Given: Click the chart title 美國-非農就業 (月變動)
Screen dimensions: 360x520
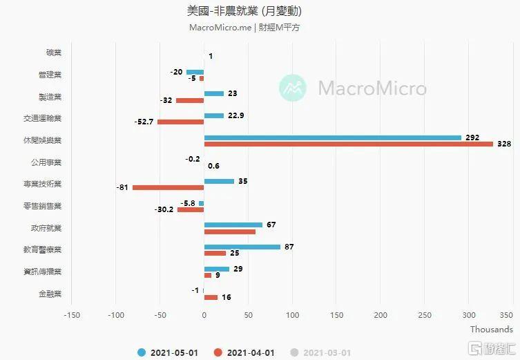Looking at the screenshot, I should click(244, 12).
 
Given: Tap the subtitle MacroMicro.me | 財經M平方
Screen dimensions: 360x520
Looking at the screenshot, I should click(244, 28).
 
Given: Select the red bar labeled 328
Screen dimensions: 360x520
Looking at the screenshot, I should click(348, 144).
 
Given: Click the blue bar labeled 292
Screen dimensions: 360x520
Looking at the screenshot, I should click(332, 138).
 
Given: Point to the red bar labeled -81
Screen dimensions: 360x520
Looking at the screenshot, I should click(168, 187).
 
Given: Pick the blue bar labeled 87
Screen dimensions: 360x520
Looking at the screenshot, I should click(242, 247).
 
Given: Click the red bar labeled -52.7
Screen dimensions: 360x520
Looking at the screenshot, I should click(180, 122).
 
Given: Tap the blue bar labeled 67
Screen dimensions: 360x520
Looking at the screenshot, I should click(233, 225).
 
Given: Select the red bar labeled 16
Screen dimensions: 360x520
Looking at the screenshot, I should click(211, 297).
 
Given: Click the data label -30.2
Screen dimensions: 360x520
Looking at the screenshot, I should click(164, 209).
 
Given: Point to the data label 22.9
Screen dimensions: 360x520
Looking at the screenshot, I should click(236, 115).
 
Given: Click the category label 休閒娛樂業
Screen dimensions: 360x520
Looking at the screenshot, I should click(42, 141).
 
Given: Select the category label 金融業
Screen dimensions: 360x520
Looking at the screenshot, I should click(50, 294).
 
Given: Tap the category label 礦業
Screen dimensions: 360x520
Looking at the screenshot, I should click(53, 53).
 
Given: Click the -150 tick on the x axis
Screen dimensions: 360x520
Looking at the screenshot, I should click(72, 315).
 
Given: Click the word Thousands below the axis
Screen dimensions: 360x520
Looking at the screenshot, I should click(491, 330).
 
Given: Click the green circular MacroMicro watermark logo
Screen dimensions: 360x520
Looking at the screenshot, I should click(293, 88).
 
